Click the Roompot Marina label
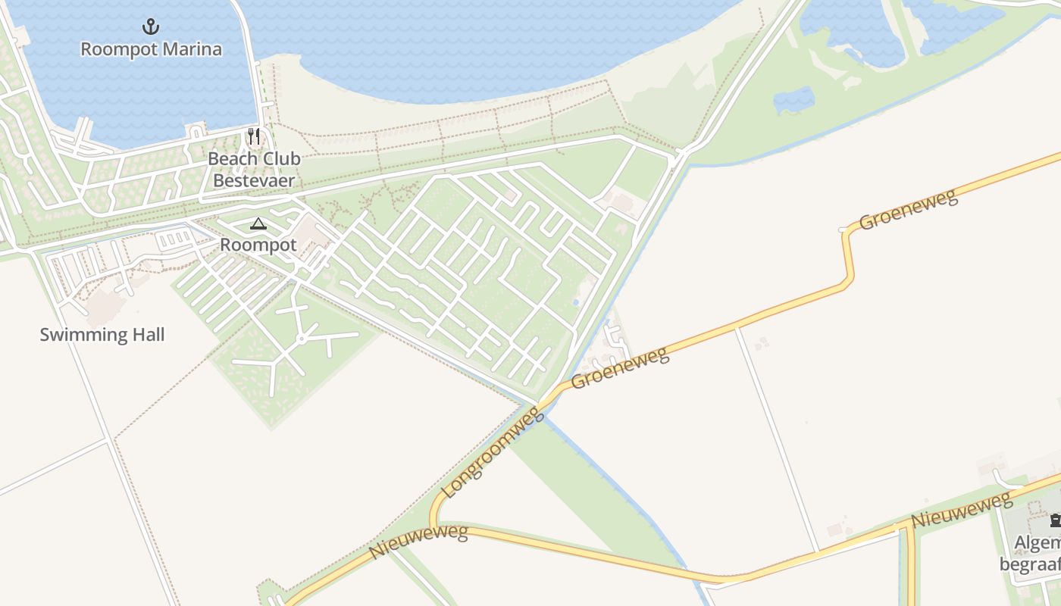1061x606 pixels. [x=151, y=49]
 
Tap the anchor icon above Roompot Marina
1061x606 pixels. [x=151, y=27]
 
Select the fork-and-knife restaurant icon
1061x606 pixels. [x=254, y=136]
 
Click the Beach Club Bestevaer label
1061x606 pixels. [x=254, y=170]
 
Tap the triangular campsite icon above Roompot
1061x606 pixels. [x=258, y=223]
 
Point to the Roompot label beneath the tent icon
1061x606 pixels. [x=258, y=245]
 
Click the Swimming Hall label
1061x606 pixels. [x=102, y=335]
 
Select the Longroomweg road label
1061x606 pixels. [x=492, y=452]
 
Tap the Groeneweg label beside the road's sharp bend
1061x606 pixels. [x=908, y=210]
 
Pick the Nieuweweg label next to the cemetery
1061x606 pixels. [x=961, y=510]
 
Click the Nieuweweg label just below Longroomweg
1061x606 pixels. [x=418, y=542]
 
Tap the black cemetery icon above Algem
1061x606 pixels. [x=1055, y=520]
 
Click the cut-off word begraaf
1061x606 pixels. [x=1031, y=565]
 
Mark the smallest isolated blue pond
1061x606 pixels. [x=793, y=100]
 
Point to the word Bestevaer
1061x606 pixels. [x=254, y=180]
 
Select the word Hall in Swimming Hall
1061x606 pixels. [x=147, y=335]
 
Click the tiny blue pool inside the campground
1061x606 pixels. [x=575, y=303]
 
